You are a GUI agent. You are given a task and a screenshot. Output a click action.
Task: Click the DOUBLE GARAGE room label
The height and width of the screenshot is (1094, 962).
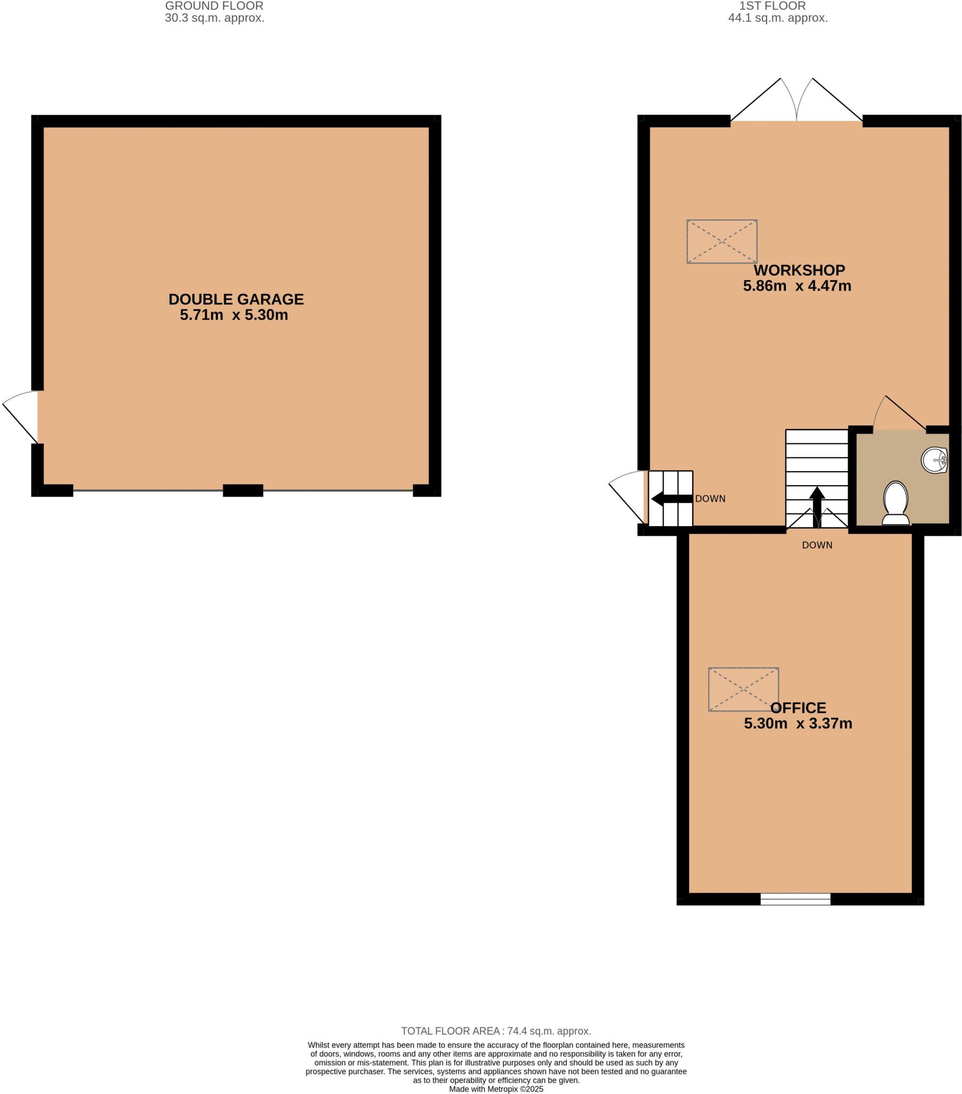click(x=236, y=299)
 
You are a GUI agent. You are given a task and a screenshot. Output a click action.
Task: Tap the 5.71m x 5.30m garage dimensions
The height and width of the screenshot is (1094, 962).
click(x=234, y=315)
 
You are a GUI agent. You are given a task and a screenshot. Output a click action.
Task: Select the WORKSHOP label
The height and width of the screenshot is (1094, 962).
click(x=799, y=270)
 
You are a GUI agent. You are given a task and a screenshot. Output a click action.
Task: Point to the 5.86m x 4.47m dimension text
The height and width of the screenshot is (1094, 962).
click(x=797, y=286)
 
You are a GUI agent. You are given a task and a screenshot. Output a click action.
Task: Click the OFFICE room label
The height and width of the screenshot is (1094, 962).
click(x=798, y=708)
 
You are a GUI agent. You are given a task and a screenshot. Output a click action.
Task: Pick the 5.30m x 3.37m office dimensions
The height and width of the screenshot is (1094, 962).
click(x=798, y=724)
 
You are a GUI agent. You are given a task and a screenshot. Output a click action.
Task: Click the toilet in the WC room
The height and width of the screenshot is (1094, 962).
click(x=896, y=503)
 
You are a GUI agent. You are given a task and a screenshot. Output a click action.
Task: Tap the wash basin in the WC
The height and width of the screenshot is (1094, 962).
click(x=934, y=460)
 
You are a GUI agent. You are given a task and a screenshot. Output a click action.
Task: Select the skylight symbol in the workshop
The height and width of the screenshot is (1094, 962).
click(x=721, y=241)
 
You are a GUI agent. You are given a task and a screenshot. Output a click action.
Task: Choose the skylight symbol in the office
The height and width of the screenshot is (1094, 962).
click(x=743, y=690)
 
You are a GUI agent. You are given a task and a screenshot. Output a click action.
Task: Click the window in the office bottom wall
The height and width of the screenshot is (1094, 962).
click(x=795, y=899)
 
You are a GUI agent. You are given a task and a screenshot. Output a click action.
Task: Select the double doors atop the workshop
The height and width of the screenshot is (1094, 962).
click(x=796, y=104)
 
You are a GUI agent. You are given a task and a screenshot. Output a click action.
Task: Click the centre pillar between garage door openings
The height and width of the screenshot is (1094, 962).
click(x=243, y=490)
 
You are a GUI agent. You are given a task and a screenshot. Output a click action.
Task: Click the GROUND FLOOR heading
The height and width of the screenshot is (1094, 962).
click(x=214, y=6)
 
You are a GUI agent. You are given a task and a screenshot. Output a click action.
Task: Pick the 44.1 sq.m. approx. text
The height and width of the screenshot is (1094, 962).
click(x=777, y=18)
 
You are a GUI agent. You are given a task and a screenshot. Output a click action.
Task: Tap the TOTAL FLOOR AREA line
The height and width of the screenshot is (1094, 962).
click(x=496, y=1032)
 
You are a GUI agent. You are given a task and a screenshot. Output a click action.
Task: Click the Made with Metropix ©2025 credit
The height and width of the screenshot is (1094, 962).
click(x=496, y=1089)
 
